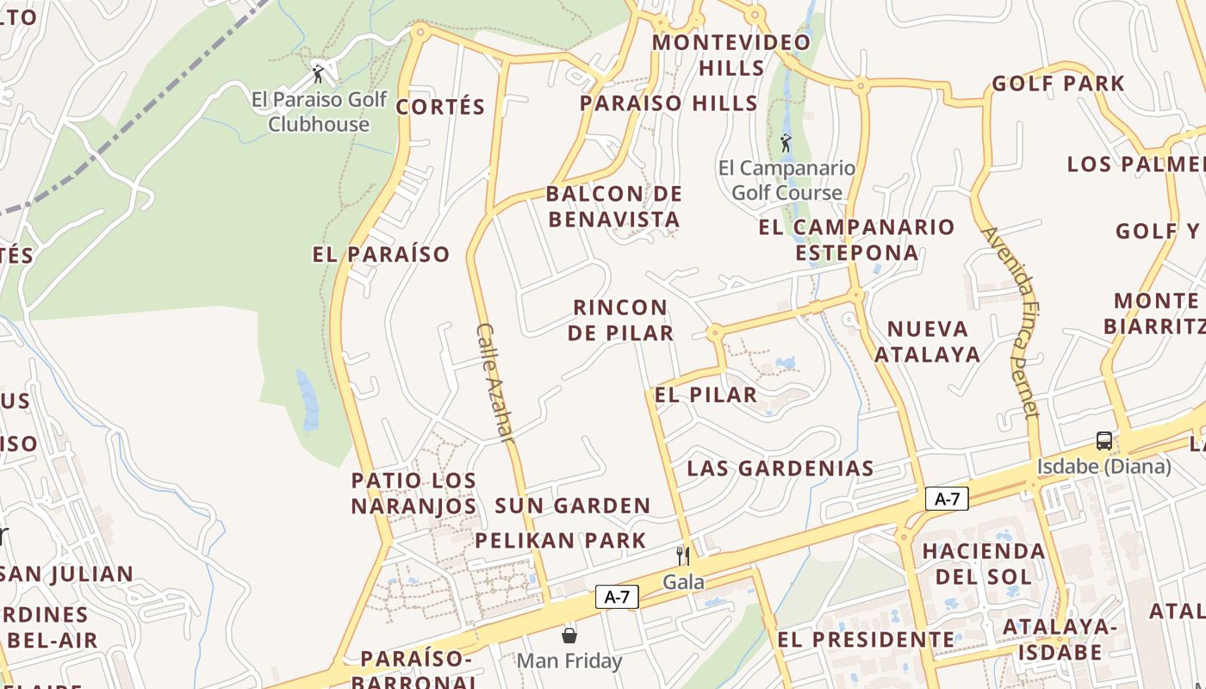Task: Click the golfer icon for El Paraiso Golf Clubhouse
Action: [x=318, y=73]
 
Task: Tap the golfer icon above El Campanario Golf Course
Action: [x=786, y=142]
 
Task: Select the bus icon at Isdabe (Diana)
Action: [x=1103, y=441]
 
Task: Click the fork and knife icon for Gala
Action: [x=683, y=556]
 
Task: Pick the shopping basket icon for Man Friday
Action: [x=569, y=636]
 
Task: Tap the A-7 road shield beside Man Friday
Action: [x=617, y=597]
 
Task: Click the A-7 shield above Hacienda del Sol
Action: [x=947, y=499]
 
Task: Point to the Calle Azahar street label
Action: [x=495, y=383]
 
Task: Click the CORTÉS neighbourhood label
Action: [x=440, y=107]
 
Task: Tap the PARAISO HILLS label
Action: [x=668, y=103]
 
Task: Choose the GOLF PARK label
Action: [x=1058, y=84]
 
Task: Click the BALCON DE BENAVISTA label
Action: [x=613, y=207]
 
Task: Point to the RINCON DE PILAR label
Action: [x=620, y=320]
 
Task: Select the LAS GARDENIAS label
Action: [x=780, y=469]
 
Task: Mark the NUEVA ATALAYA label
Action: [x=928, y=341]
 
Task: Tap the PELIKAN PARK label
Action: [x=560, y=541]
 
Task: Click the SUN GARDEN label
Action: [x=572, y=506]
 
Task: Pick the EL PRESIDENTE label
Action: [x=866, y=640]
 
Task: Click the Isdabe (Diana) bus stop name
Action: [x=1103, y=467]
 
